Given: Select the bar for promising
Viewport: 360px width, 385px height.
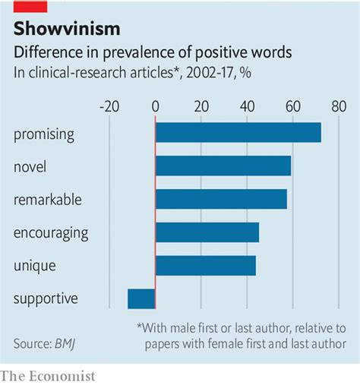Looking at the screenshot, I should pos(238,132).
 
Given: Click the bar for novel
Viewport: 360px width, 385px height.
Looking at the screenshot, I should pos(223,166).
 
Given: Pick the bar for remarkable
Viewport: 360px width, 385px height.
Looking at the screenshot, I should pos(221,199).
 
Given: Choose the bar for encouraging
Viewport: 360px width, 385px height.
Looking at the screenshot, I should pos(207,232).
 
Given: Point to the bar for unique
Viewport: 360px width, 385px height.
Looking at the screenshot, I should pos(205,265).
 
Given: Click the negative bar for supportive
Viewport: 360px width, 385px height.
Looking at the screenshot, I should pos(141,298).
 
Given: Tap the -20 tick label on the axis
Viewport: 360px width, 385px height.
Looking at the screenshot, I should pos(109,106).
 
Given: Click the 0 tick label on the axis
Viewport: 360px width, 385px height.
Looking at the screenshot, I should pos(155,106).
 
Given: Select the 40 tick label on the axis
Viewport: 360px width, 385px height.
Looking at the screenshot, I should pos(247,106).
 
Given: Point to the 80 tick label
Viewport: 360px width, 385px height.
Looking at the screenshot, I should pos(338,106).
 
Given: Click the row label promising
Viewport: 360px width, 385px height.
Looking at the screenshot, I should pos(43,134).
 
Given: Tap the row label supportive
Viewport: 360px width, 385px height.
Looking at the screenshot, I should pos(46,298).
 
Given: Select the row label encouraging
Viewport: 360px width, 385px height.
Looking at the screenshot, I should pos(51,232).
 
